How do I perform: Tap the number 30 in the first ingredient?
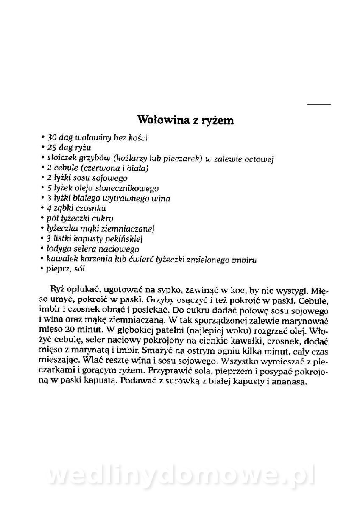[52, 138]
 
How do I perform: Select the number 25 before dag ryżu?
[52, 148]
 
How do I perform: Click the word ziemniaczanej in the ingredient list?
[131, 229]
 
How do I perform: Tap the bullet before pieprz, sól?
[43, 269]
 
